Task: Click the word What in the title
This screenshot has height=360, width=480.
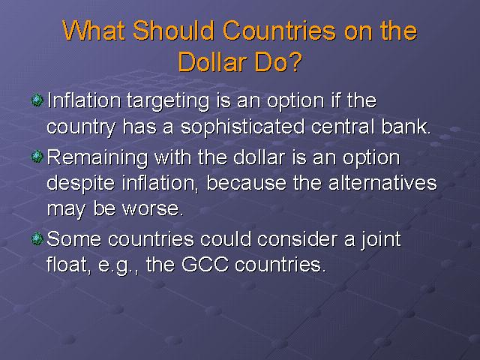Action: (94, 31)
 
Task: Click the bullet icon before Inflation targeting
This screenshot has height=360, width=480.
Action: (37, 100)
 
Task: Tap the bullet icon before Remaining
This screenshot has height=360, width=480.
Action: (37, 157)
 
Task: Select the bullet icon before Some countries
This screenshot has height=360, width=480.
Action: (37, 238)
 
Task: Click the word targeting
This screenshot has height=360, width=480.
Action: (168, 101)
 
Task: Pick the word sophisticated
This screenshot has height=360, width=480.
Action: (243, 127)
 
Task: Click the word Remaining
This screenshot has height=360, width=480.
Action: (97, 158)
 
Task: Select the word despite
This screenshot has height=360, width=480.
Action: (81, 184)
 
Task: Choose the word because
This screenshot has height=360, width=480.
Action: (247, 183)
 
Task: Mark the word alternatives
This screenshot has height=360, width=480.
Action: (382, 183)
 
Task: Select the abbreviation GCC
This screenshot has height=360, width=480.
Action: (205, 265)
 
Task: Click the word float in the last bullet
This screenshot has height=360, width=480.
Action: (68, 265)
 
